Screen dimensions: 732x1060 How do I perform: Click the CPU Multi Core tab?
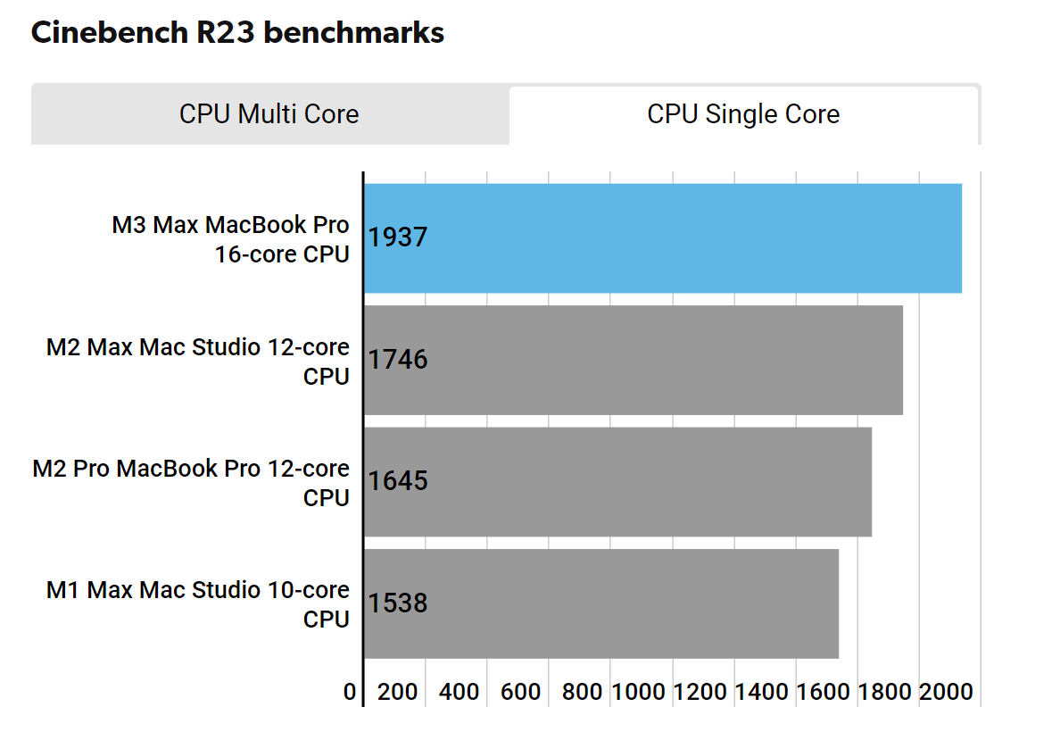[x=269, y=114]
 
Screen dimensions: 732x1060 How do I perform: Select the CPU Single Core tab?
[x=743, y=114]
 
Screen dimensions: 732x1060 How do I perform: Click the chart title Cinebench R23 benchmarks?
[x=237, y=33]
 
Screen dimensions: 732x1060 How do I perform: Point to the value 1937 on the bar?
[x=398, y=238]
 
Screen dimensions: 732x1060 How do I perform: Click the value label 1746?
[x=398, y=360]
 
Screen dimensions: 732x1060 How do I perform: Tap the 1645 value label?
[x=398, y=482]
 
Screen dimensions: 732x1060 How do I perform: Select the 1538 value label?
[x=398, y=603]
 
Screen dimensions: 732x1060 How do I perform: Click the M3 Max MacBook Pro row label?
[x=230, y=239]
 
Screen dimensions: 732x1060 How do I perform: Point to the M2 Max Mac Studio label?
[x=197, y=361]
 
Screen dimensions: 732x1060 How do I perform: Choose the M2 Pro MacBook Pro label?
[x=191, y=483]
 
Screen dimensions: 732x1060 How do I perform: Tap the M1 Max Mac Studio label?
[x=197, y=604]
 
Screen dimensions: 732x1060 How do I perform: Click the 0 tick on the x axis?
[x=350, y=692]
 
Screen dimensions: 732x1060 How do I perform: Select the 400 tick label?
[x=460, y=692]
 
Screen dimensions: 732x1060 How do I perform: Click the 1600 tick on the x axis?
[x=823, y=692]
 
